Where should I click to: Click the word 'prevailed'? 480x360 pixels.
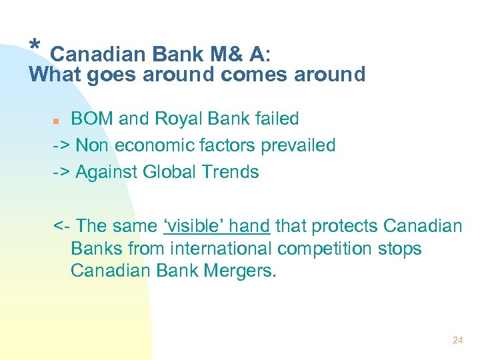coord(297,145)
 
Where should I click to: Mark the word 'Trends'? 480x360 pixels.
coord(231,172)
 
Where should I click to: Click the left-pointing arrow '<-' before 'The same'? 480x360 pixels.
coord(61,226)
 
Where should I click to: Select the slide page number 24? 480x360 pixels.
coord(457,340)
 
